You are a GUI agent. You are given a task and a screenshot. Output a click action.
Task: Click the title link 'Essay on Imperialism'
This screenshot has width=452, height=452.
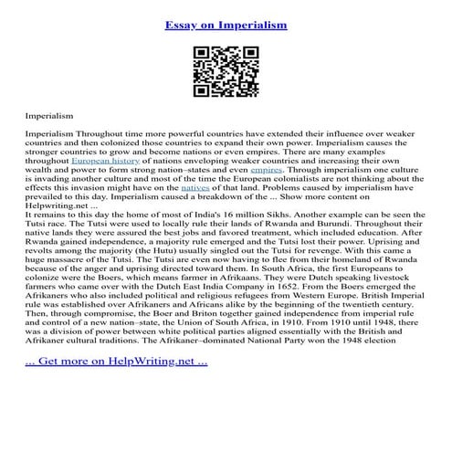coord(226,26)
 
